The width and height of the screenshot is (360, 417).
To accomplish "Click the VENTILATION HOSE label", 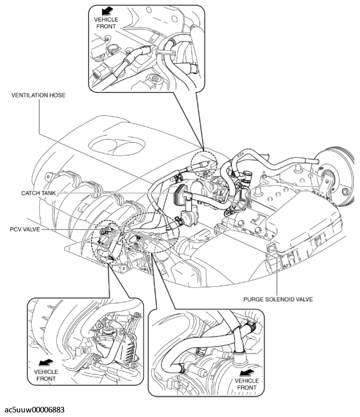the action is tap(38, 95).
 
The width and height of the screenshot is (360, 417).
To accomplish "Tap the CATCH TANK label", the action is tap(38, 193).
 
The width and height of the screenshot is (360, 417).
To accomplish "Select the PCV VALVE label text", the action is tap(25, 229).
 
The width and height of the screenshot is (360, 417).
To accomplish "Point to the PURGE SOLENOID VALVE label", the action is tap(278, 299).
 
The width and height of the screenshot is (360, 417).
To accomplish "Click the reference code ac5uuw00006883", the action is tap(34, 409).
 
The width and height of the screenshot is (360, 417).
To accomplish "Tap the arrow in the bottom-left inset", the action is tap(46, 363).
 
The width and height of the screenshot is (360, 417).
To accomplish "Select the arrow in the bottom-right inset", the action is tap(247, 373).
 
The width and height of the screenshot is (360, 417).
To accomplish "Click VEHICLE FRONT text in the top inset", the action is tap(106, 23).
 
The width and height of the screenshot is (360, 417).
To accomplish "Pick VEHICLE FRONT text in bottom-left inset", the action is tap(46, 375).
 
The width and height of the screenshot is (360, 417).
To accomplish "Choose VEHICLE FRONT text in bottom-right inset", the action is tap(247, 384).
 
